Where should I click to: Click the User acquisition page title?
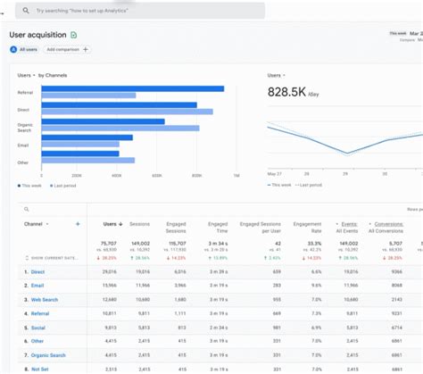click(37, 35)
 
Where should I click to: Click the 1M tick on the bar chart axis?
click(236, 175)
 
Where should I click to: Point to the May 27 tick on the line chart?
click(275, 174)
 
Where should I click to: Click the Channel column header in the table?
click(34, 224)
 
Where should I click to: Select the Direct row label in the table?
click(39, 270)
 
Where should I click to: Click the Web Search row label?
click(45, 300)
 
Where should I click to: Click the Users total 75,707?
click(110, 242)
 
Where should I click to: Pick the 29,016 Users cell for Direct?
click(111, 270)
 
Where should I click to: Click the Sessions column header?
click(140, 224)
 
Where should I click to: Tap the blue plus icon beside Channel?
click(79, 224)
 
